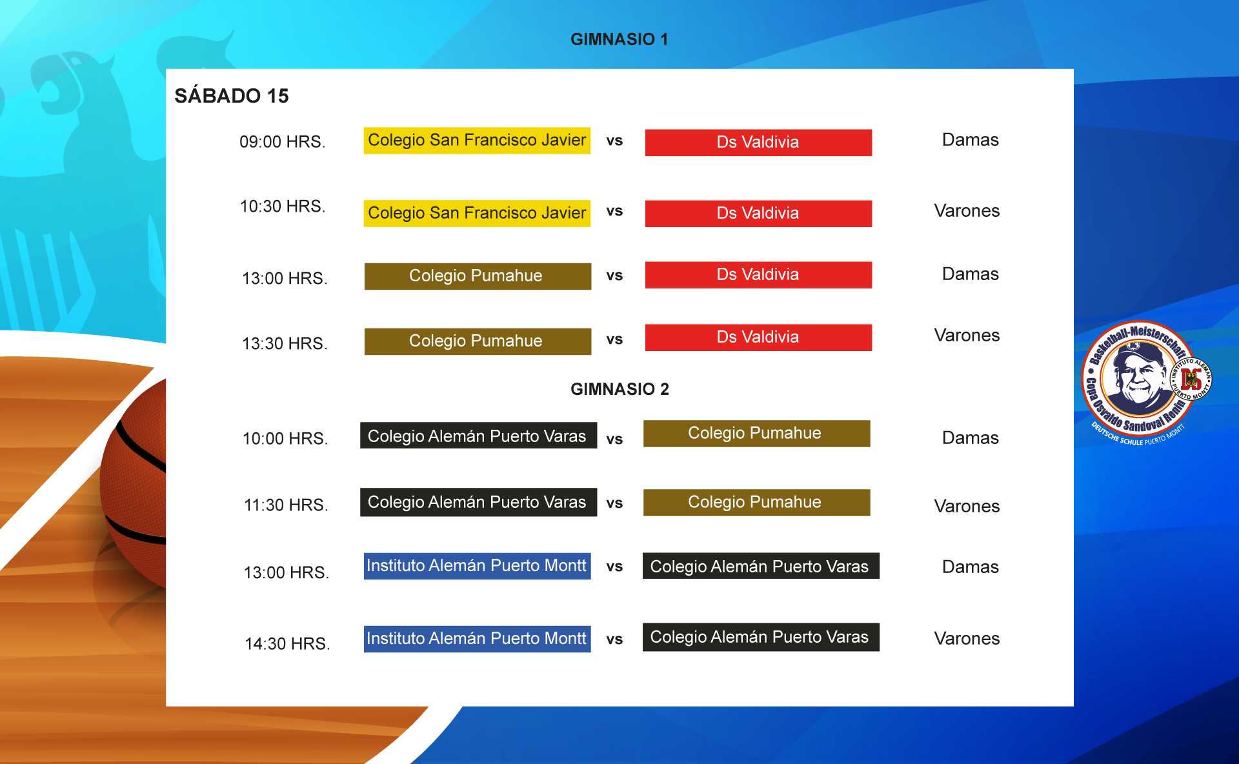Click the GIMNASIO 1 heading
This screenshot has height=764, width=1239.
[x=619, y=39]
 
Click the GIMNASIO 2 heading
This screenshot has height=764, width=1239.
[x=619, y=389]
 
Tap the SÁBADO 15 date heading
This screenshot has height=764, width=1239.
[x=232, y=95]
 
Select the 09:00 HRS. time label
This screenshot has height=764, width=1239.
[x=283, y=141]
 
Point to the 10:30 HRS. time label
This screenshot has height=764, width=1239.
[x=283, y=206]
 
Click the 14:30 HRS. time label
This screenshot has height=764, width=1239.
[x=287, y=643]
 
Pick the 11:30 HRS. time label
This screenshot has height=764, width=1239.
[x=286, y=505]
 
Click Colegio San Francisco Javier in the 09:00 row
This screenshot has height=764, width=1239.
[x=477, y=140]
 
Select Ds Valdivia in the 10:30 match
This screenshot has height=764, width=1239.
[x=758, y=213]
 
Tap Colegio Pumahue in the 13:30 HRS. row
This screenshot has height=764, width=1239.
[x=478, y=341]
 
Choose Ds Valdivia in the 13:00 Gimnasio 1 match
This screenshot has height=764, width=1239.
[x=758, y=274]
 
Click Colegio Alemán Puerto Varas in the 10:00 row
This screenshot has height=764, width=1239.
[x=478, y=436]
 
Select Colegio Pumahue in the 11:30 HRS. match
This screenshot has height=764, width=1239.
[x=756, y=502]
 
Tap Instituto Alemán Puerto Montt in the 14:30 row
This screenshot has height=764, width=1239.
[x=477, y=639]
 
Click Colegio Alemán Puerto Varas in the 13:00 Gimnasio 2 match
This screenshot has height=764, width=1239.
[x=761, y=566]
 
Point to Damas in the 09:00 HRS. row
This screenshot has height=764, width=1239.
[x=970, y=140]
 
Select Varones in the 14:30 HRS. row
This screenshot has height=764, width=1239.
[x=967, y=638]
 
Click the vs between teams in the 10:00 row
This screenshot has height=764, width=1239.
[x=614, y=439]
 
